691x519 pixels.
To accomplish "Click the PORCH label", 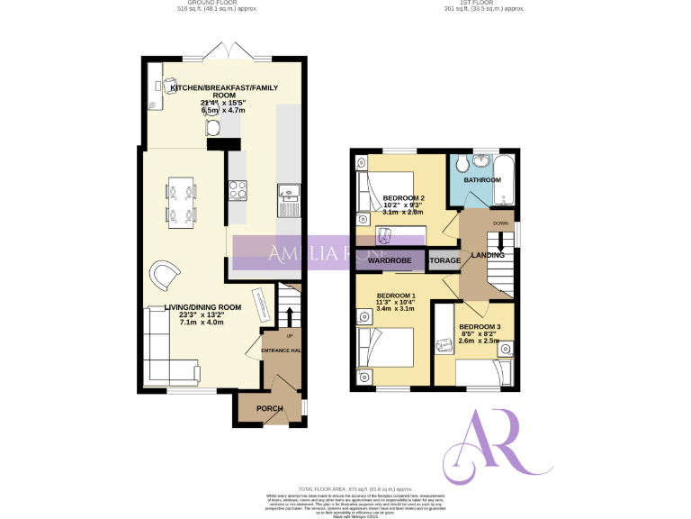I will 269,408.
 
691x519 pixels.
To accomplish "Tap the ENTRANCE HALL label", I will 281,351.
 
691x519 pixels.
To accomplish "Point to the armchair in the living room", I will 165,275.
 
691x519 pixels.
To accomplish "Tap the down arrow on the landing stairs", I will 501,242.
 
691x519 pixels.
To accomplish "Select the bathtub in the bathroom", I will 507,176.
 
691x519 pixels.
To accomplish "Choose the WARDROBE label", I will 390,260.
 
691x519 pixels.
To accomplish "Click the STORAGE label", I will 444,260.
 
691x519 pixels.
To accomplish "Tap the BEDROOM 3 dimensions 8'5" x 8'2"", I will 479,333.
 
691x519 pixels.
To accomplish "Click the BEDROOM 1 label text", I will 396,296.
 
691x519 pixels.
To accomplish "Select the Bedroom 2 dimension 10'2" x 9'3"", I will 403,205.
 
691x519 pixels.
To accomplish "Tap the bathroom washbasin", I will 483,161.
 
